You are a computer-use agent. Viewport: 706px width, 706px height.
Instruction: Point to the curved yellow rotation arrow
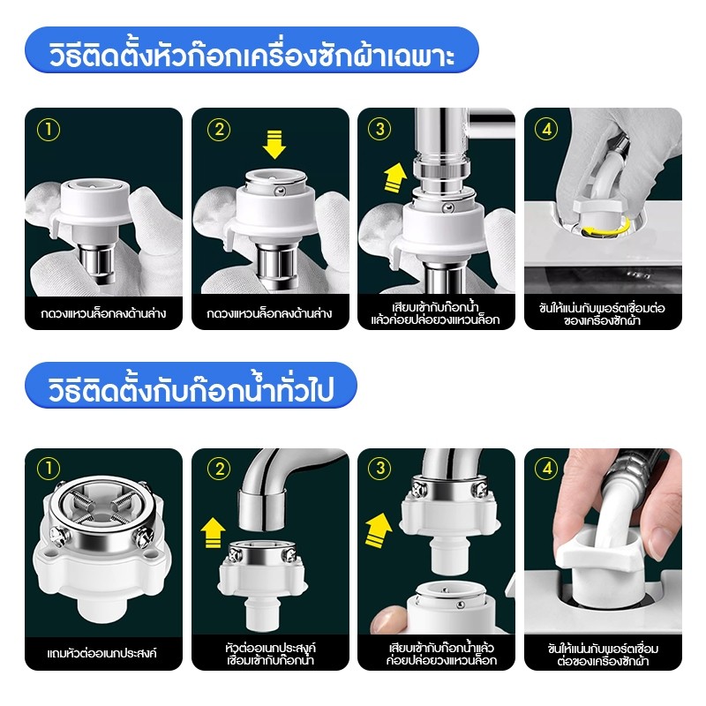pos(606,229)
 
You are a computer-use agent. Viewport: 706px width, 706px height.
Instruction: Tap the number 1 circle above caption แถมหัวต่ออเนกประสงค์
pos(49,469)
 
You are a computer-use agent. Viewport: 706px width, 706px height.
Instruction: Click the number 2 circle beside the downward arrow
pos(218,129)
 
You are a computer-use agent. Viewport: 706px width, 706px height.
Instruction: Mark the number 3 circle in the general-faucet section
pos(382,469)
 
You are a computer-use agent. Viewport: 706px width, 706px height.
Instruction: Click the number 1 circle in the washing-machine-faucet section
pos(49,129)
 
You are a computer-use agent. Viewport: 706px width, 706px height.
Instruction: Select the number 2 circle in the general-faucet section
pos(216,469)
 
